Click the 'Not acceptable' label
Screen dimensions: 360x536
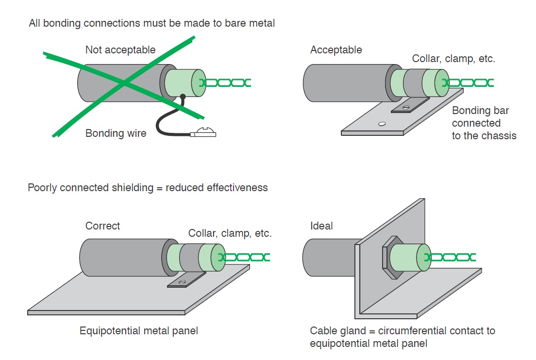[x=120, y=50]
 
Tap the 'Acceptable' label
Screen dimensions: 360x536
[x=336, y=50]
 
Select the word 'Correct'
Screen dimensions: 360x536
[x=102, y=226]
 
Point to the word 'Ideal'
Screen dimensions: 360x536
[x=321, y=226]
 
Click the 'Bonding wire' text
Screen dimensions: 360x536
[x=116, y=133]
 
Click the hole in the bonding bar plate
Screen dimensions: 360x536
[x=382, y=124]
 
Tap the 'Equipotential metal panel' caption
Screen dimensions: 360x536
[x=139, y=331]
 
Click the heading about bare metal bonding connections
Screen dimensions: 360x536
[x=152, y=23]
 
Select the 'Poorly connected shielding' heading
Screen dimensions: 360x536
[x=148, y=188]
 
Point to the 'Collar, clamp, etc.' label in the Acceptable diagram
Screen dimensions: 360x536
[x=453, y=59]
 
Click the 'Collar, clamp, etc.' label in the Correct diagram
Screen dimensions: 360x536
[x=230, y=233]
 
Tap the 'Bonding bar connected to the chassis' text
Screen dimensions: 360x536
[x=484, y=123]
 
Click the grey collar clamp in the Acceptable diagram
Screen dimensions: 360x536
[x=413, y=82]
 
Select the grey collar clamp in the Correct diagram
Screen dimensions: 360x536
[x=188, y=257]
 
